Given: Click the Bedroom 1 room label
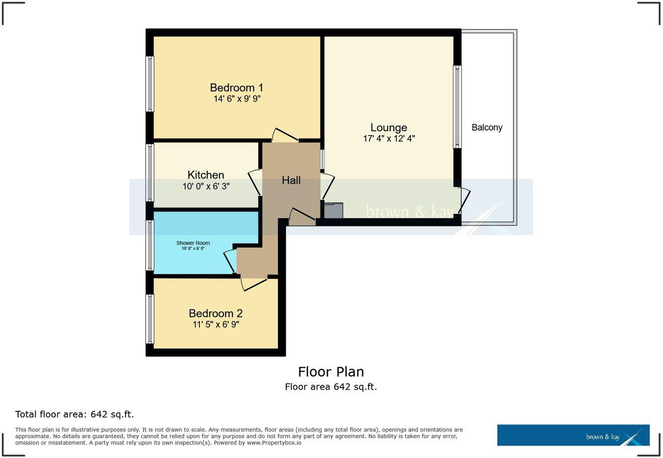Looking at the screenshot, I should [236, 88].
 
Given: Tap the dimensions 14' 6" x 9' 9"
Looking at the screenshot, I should [237, 99].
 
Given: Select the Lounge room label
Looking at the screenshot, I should [388, 128].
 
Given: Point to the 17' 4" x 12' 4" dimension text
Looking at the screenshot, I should [389, 139].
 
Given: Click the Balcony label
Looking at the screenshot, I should [487, 128].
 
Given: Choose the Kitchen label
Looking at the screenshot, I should [205, 175].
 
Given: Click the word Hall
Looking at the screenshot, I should [291, 180].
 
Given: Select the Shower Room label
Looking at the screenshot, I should [193, 243].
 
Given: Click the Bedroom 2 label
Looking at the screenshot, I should [215, 313].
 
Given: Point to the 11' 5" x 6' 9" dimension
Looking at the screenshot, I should [215, 325].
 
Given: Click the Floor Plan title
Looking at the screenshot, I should [331, 372].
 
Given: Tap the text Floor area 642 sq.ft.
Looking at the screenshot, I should [331, 387].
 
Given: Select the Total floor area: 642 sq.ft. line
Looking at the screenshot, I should [74, 414].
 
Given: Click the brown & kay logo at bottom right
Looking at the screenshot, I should [573, 435].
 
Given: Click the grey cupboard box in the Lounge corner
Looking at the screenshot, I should [334, 210].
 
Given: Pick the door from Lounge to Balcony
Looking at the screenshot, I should [463, 201].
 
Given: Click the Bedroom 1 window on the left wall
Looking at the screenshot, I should [150, 84].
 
